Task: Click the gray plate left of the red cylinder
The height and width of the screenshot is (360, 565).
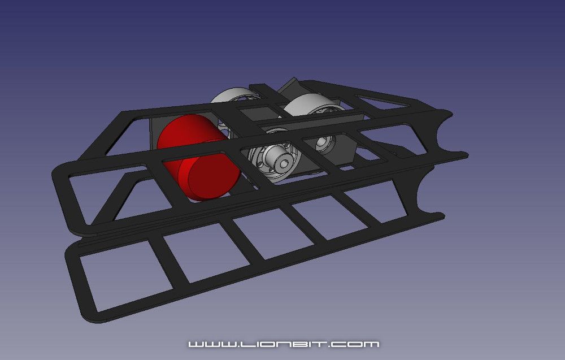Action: (154, 133)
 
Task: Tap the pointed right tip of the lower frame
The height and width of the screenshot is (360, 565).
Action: (441, 214)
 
